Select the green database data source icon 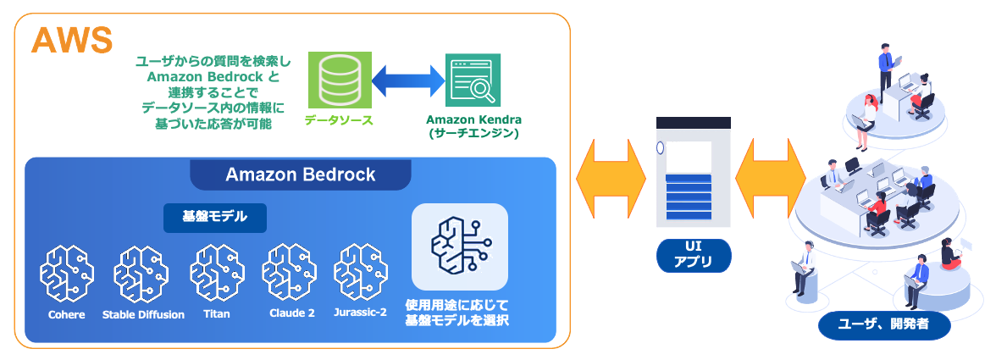(335, 81)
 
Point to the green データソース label (339, 121)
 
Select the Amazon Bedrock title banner (301, 175)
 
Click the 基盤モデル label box (215, 217)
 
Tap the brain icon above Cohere (67, 273)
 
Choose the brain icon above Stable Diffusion (141, 273)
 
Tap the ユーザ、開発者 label (883, 324)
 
